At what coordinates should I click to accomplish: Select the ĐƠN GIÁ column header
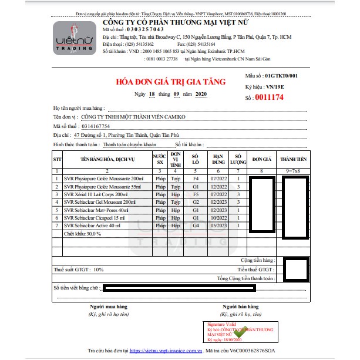pos(261,159)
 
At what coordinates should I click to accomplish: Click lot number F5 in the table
pos(196,194)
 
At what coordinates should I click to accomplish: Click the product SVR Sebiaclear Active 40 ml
pos(94,226)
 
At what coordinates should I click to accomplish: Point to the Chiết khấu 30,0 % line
pos(82,234)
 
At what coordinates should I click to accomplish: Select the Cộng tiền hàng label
pos(257,260)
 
